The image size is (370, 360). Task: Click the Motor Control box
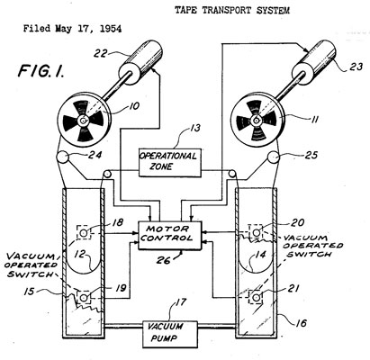click(169, 236)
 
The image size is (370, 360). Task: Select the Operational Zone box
click(169, 163)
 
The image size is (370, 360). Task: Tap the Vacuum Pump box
click(170, 334)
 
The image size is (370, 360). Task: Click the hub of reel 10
click(83, 121)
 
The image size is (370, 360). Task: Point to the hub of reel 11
click(257, 121)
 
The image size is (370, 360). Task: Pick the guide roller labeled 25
click(274, 157)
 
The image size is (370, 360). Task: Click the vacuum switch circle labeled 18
click(84, 233)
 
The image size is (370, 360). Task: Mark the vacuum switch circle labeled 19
click(84, 298)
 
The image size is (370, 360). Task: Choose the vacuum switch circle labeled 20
click(256, 232)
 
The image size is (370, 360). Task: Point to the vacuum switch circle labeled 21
click(256, 298)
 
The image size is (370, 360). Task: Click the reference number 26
click(163, 259)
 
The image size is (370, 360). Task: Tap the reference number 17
click(180, 302)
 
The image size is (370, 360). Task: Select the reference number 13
click(195, 129)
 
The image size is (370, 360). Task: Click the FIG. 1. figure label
click(41, 71)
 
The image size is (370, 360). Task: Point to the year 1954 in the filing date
click(111, 29)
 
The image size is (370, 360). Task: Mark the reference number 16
click(301, 322)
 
